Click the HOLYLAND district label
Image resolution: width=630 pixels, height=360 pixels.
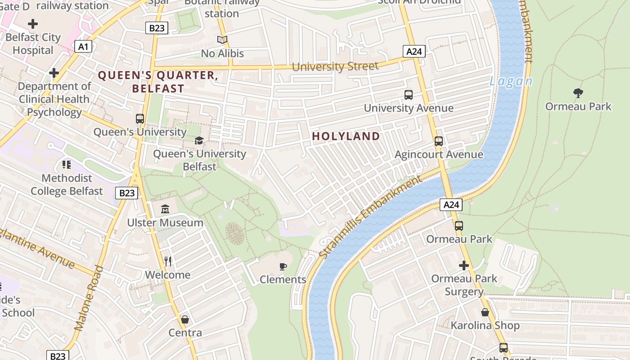click(x=346, y=136)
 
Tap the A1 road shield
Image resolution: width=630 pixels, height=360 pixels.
click(x=83, y=46)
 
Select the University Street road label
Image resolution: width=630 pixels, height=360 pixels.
click(x=335, y=67)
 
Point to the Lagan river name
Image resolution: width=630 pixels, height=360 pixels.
click(x=511, y=81)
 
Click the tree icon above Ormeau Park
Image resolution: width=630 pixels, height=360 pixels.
click(x=578, y=93)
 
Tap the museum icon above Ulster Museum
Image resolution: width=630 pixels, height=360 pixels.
click(x=165, y=209)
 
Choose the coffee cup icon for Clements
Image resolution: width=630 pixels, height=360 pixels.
click(x=283, y=266)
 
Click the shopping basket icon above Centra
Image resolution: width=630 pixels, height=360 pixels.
click(x=184, y=319)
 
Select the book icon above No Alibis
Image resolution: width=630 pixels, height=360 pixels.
click(x=222, y=40)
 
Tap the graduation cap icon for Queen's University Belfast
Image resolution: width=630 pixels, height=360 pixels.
click(x=199, y=140)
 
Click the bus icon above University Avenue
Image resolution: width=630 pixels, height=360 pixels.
click(x=409, y=95)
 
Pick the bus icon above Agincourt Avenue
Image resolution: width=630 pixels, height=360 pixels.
click(x=439, y=141)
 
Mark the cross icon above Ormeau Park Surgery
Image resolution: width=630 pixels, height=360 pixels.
click(x=464, y=265)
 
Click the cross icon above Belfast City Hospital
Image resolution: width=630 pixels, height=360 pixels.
click(x=33, y=24)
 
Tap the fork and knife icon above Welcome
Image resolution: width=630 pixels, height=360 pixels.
click(x=168, y=261)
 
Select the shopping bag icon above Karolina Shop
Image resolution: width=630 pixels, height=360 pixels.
click(x=485, y=312)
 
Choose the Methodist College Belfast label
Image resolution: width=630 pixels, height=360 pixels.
click(x=67, y=184)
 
